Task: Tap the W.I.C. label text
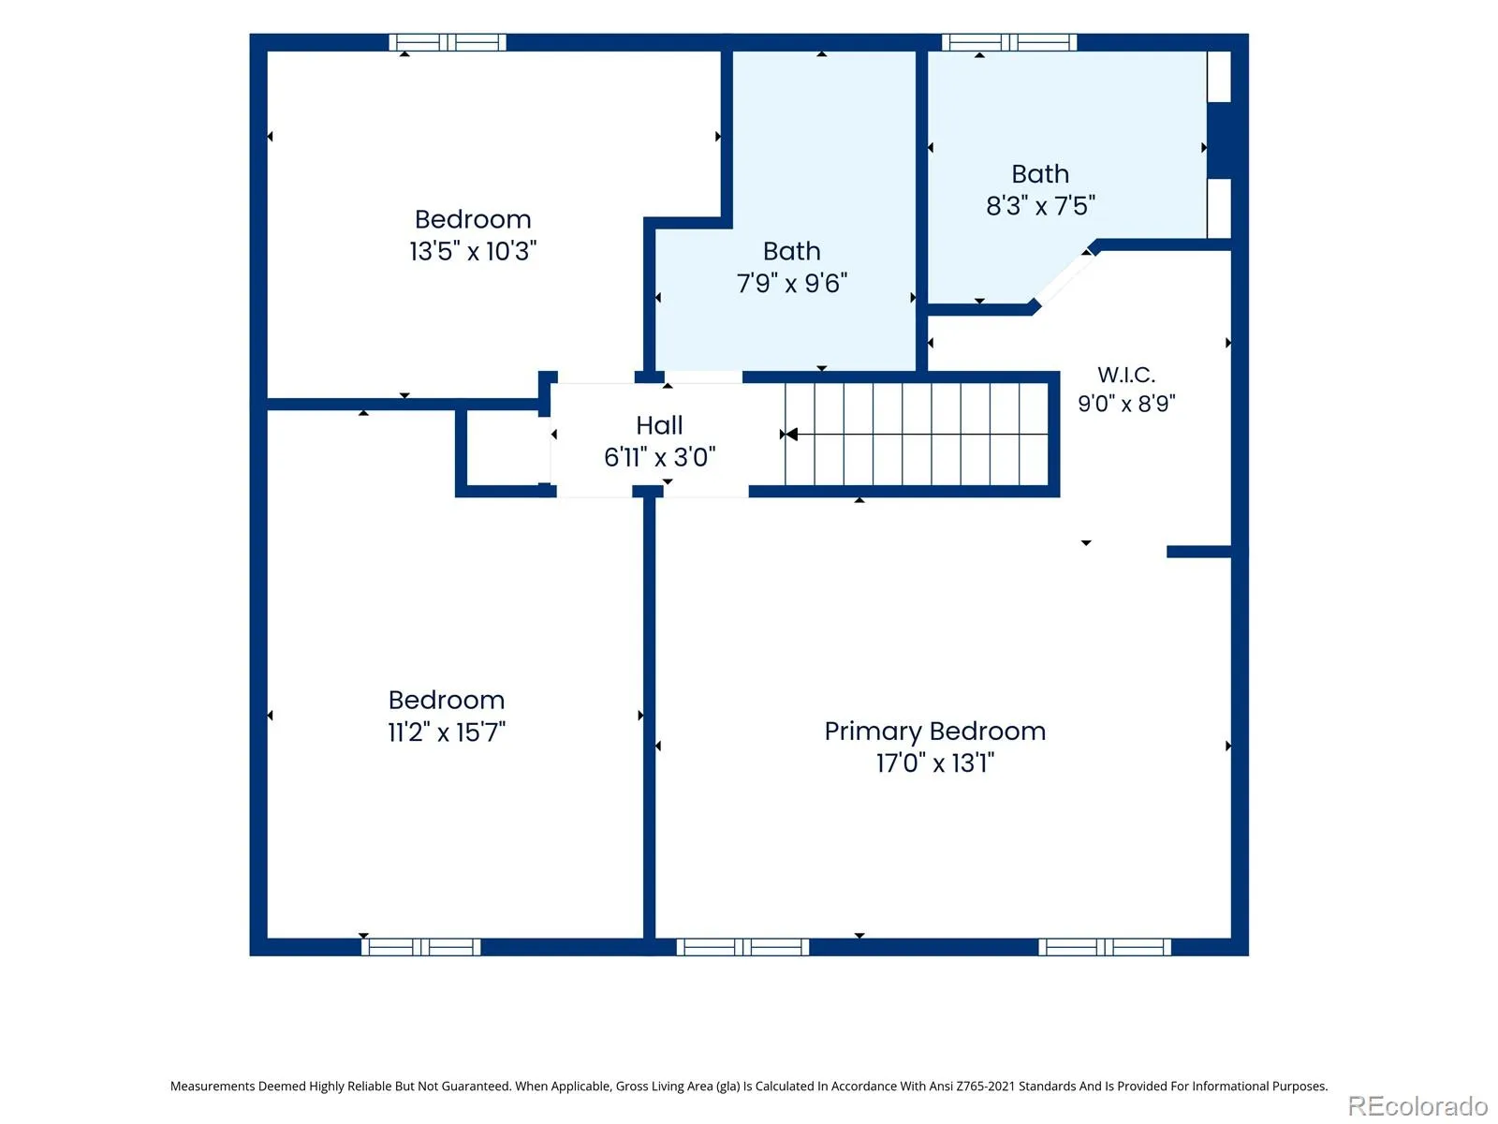click(x=1126, y=375)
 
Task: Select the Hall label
click(x=659, y=425)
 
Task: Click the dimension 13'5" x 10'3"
click(x=473, y=251)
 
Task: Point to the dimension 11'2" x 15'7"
click(x=447, y=732)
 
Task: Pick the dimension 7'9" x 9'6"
click(x=792, y=283)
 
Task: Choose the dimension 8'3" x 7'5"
click(x=1040, y=205)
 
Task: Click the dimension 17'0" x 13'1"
click(x=935, y=763)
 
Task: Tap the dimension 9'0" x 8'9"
click(x=1126, y=404)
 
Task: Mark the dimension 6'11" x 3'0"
click(x=659, y=457)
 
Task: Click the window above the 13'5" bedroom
click(x=448, y=42)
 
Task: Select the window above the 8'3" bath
click(x=1009, y=42)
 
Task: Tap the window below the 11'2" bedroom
click(x=421, y=947)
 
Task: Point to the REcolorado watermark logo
click(x=1417, y=1105)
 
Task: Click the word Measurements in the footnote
click(x=213, y=1086)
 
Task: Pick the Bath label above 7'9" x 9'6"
click(x=792, y=251)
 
